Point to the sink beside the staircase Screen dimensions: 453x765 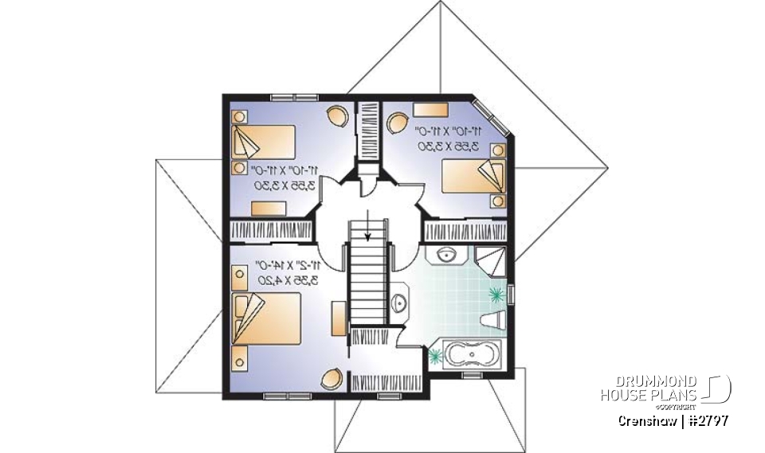[400, 303]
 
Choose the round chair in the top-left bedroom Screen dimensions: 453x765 [337, 115]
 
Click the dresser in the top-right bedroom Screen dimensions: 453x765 [430, 109]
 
